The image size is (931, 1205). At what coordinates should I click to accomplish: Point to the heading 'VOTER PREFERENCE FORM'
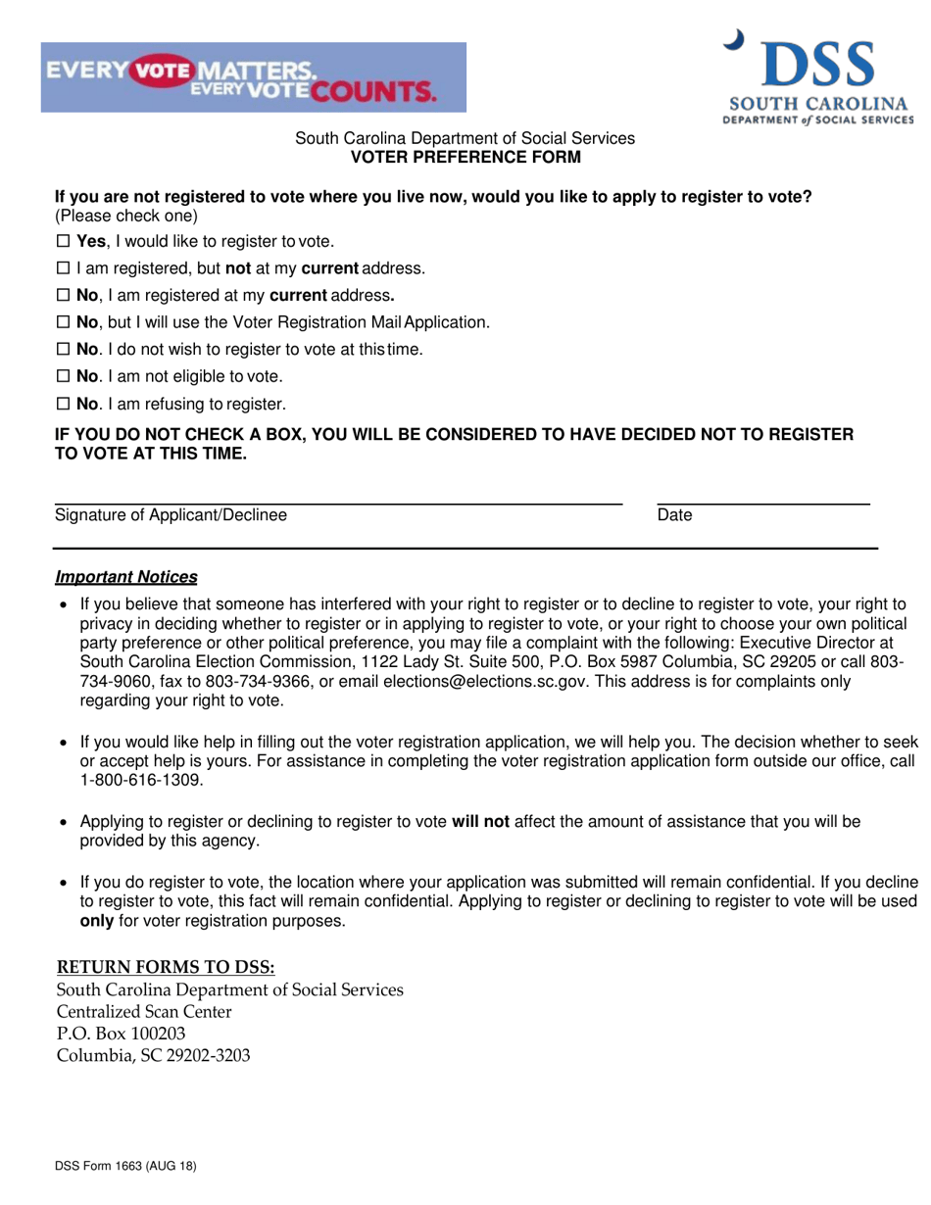pos(465,157)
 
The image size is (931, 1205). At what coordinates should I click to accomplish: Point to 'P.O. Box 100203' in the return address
pos(121,1033)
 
